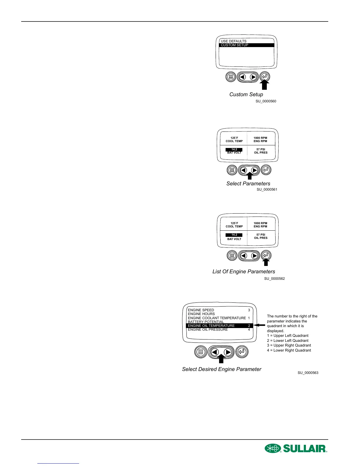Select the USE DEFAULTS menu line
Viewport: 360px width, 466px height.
(x=234, y=41)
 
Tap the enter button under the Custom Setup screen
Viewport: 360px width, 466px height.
(x=265, y=77)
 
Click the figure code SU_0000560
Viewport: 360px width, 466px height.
(x=266, y=101)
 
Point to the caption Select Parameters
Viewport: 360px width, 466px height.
(x=248, y=184)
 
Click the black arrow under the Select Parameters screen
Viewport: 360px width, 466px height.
(x=249, y=176)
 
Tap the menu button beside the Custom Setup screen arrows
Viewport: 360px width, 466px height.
(x=231, y=77)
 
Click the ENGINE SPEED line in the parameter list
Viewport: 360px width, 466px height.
(x=201, y=310)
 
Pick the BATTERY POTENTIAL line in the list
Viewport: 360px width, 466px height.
(x=206, y=322)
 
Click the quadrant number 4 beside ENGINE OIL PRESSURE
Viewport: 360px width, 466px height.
(x=249, y=329)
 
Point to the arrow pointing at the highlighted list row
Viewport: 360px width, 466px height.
(x=259, y=325)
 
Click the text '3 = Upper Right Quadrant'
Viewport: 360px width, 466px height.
(x=289, y=345)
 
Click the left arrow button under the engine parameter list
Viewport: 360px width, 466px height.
(x=215, y=352)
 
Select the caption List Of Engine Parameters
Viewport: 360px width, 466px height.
(x=244, y=272)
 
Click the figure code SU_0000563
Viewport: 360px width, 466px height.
(x=308, y=373)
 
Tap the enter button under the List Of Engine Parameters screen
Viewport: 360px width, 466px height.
(x=266, y=255)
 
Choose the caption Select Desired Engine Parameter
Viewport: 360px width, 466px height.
(x=221, y=369)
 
